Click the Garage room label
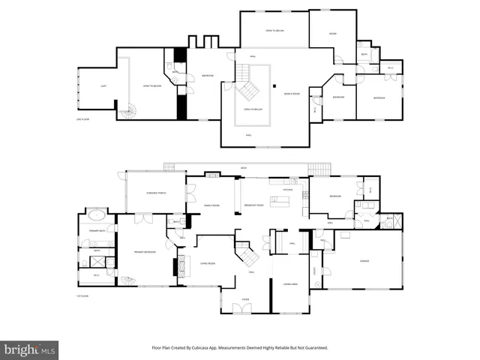point(364,260)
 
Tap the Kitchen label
point(287,190)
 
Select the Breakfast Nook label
point(253,205)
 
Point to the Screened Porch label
point(155,193)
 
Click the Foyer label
point(245,299)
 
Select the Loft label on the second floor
point(104,87)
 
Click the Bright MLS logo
point(30,349)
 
